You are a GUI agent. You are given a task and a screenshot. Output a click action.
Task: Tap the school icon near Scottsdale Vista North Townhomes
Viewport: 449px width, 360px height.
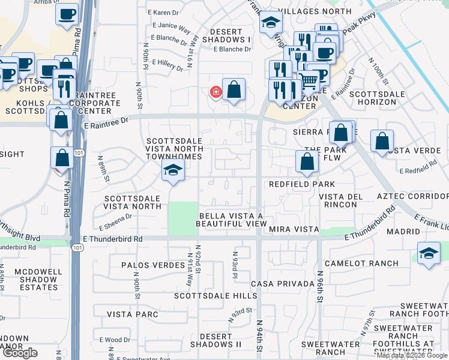click(173, 171)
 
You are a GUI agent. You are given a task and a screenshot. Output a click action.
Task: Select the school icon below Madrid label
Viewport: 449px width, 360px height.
click(429, 253)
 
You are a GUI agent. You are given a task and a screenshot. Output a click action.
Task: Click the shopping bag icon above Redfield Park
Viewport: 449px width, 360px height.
click(307, 161)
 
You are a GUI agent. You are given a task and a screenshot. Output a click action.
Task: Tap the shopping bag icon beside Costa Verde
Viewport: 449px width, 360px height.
click(382, 142)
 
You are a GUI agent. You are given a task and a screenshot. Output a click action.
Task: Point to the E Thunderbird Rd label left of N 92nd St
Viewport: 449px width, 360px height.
click(113, 239)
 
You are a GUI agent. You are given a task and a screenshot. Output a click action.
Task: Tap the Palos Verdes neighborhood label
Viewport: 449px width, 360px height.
click(152, 265)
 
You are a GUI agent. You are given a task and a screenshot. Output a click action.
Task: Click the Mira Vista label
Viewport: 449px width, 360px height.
click(294, 229)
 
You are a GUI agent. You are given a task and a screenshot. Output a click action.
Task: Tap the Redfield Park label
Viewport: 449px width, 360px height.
click(301, 184)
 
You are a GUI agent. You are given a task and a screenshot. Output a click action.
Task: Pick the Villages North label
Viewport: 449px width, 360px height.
click(316, 11)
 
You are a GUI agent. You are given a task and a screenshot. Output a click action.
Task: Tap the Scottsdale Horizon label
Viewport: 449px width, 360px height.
click(373, 98)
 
